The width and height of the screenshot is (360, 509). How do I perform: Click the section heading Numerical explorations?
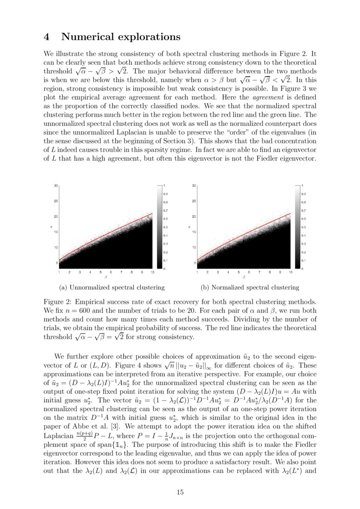[x=121, y=37]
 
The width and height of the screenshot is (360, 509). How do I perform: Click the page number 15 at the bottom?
[x=180, y=492]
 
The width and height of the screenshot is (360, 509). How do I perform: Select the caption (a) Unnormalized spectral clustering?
[x=112, y=287]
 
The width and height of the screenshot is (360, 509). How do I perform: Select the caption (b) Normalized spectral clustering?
[x=250, y=287]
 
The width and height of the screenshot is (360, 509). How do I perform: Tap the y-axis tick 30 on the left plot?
[x=56, y=185]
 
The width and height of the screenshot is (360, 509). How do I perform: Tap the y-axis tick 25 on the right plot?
[x=194, y=201]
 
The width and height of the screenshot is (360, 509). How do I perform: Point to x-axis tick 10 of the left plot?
[x=152, y=272]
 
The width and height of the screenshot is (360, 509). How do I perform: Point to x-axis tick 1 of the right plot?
[x=197, y=272]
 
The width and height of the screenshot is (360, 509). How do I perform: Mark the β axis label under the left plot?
[x=105, y=277]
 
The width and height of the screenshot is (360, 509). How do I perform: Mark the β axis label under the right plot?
[x=244, y=277]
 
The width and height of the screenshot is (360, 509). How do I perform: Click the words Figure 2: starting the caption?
[x=58, y=301]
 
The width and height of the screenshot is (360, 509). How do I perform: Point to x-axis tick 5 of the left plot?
[x=100, y=272]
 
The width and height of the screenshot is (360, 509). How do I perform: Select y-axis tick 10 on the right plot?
[x=194, y=247]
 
